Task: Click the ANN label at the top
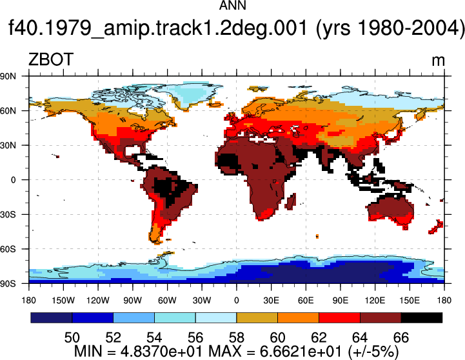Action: pyautogui.click(x=232, y=5)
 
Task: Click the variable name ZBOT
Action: pyautogui.click(x=51, y=59)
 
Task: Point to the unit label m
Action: pyautogui.click(x=438, y=61)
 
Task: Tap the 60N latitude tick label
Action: pyautogui.click(x=8, y=111)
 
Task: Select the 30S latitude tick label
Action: pyautogui.click(x=8, y=214)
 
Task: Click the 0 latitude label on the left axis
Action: pyautogui.click(x=13, y=180)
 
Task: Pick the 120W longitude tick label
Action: pyautogui.click(x=98, y=301)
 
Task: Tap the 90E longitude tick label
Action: pyautogui.click(x=340, y=301)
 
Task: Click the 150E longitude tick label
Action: pyautogui.click(x=410, y=301)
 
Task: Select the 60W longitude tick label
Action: pyautogui.click(x=167, y=301)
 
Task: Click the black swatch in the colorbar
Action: pyautogui.click(x=421, y=317)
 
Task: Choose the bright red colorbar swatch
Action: pyautogui.click(x=339, y=317)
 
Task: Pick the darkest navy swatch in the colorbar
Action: pyautogui.click(x=52, y=317)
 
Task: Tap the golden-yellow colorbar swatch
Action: pyautogui.click(x=257, y=317)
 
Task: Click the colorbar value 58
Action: pyautogui.click(x=237, y=337)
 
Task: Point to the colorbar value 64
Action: pyautogui.click(x=360, y=337)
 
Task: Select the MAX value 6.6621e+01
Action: pyautogui.click(x=301, y=352)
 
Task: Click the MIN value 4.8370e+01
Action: pyautogui.click(x=161, y=352)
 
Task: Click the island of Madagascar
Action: pyautogui.click(x=292, y=201)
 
